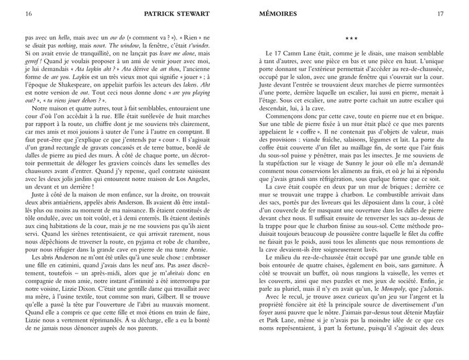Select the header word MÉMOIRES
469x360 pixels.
[262, 13]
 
